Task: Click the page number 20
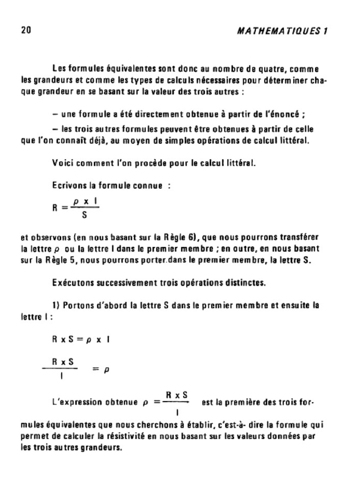(26, 30)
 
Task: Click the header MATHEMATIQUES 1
(282, 31)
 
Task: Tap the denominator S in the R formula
(84, 215)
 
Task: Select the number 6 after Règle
(192, 237)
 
